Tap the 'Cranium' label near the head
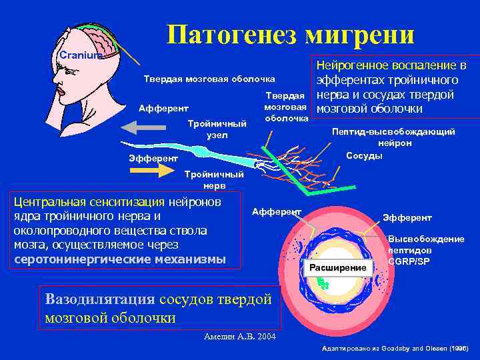(79, 55)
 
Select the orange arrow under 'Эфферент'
(155, 170)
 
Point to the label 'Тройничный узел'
(217, 129)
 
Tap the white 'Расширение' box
(337, 267)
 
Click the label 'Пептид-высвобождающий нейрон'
(394, 137)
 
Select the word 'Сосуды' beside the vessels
(364, 156)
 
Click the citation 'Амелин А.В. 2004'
(239, 336)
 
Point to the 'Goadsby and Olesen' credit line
(395, 349)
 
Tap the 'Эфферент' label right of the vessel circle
(407, 218)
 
